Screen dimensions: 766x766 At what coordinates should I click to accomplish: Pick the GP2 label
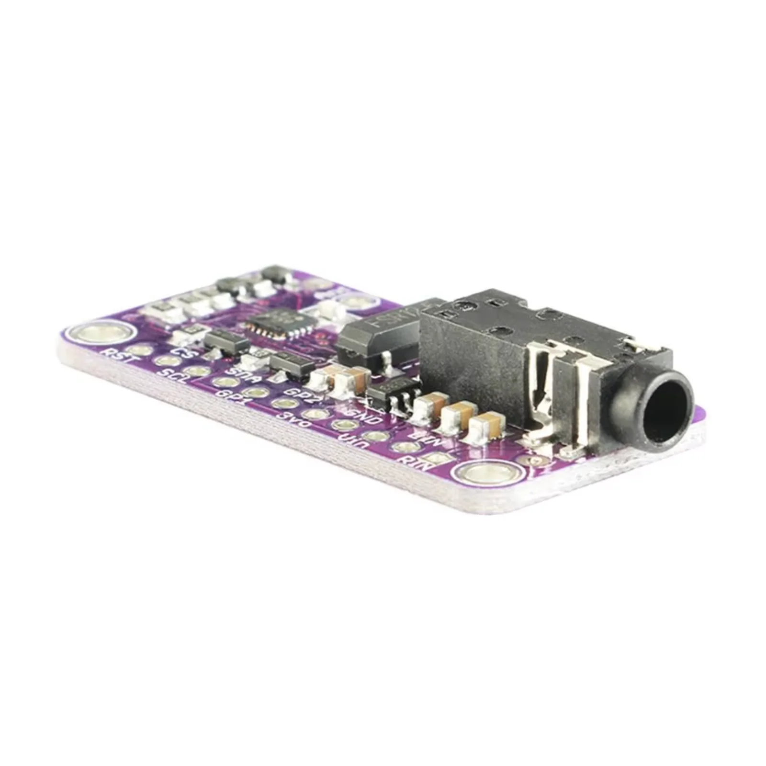(x=296, y=393)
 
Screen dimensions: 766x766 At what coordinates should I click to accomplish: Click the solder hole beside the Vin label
(x=375, y=436)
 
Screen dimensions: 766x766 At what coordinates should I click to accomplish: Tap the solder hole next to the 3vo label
(x=313, y=414)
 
